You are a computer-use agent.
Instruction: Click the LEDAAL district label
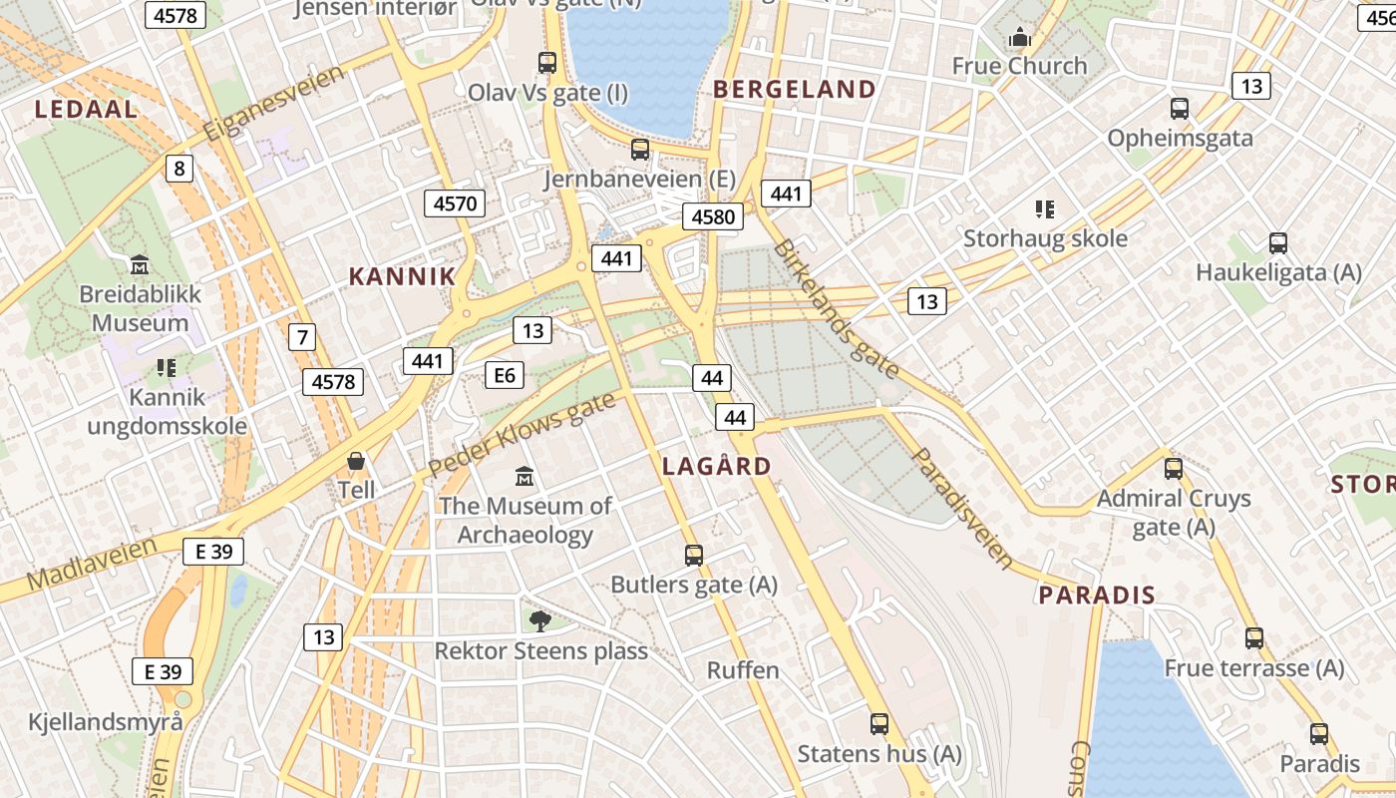point(86,110)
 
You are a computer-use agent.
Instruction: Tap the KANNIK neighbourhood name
point(402,277)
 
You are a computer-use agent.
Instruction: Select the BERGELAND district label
point(794,90)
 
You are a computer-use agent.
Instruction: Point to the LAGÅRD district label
point(716,466)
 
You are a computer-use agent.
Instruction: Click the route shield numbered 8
point(178,169)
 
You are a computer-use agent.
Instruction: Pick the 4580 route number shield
point(712,216)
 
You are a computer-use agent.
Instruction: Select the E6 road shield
point(504,375)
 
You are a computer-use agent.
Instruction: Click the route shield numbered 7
point(301,337)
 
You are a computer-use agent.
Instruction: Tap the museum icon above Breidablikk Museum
point(140,265)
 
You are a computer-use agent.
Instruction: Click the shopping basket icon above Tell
point(355,461)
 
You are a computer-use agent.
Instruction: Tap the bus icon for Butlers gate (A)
point(693,555)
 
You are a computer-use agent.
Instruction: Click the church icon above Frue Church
point(1019,38)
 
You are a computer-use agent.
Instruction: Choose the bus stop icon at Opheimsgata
point(1179,108)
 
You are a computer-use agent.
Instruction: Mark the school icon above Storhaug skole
point(1044,209)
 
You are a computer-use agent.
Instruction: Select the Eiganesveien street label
point(273,103)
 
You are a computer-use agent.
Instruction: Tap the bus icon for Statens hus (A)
point(878,724)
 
